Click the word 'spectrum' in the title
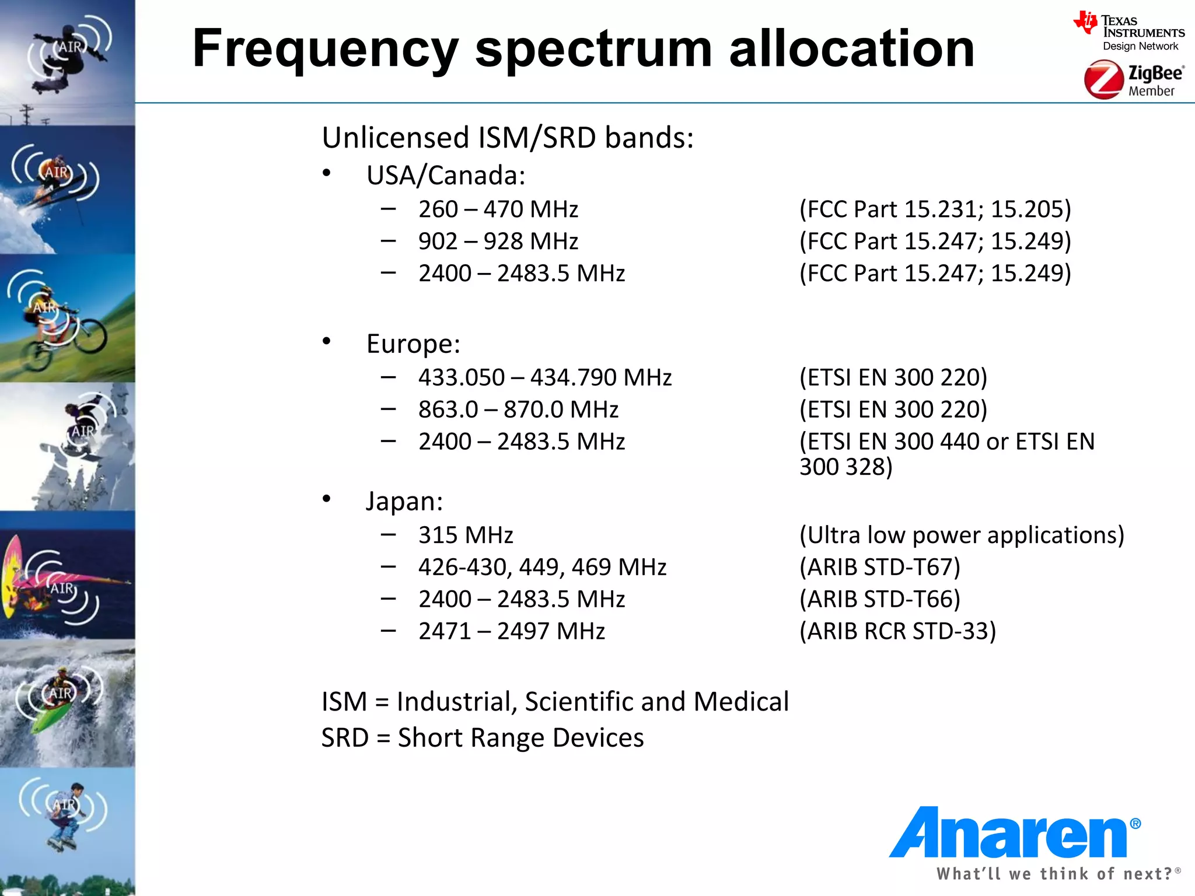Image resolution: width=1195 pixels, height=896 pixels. pos(593,50)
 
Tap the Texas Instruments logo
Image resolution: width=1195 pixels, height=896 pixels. pos(1130,32)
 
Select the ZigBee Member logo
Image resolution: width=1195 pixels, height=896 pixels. pos(1133,80)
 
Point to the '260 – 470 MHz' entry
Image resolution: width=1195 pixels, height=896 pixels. pos(498,209)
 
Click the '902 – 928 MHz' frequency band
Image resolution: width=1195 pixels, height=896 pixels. pos(498,242)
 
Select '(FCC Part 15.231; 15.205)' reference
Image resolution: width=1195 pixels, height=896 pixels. pos(935,209)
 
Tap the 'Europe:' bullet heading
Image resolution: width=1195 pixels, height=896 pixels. pos(413,344)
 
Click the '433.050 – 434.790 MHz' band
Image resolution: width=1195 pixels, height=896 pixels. pos(544,377)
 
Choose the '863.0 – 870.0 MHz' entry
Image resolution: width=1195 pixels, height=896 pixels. pos(518,409)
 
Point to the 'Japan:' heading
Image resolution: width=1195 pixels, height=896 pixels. pos(404,501)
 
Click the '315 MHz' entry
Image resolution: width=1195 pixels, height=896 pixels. pos(466,535)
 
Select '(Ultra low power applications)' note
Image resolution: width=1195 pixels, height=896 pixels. pos(962,535)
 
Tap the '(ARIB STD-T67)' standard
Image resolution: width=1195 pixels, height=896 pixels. pos(879,567)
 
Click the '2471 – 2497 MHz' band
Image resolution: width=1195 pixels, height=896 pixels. pos(511,631)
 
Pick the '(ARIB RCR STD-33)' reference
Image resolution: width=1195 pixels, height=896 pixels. pos(897,631)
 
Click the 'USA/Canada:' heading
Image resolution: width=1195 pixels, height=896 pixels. pos(446,176)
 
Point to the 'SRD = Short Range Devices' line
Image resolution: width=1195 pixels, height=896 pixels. pos(483,738)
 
